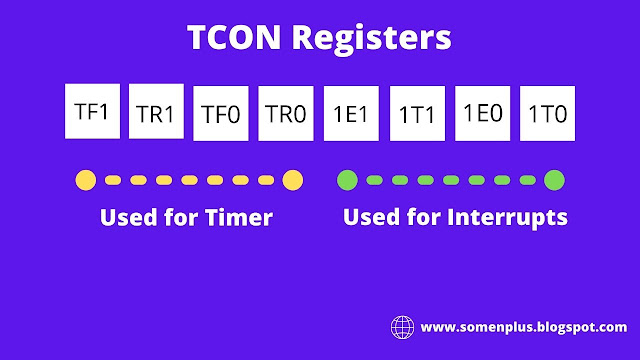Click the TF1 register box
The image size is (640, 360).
[91, 112]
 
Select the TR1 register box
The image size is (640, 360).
[156, 112]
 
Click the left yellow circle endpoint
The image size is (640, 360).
[86, 180]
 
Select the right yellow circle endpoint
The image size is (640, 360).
[292, 180]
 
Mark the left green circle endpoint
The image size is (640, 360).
[347, 180]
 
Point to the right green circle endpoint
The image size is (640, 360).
[554, 180]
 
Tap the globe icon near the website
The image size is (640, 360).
[402, 327]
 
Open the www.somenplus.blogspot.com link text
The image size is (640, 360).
[524, 327]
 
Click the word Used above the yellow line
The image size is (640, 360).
[123, 217]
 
